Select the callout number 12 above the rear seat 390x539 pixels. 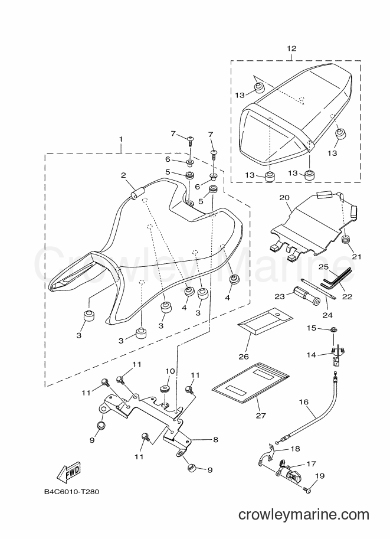click(x=291, y=48)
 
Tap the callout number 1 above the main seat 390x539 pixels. click(x=120, y=139)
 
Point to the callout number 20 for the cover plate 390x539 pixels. click(x=284, y=198)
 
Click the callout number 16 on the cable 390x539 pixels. click(x=304, y=402)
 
